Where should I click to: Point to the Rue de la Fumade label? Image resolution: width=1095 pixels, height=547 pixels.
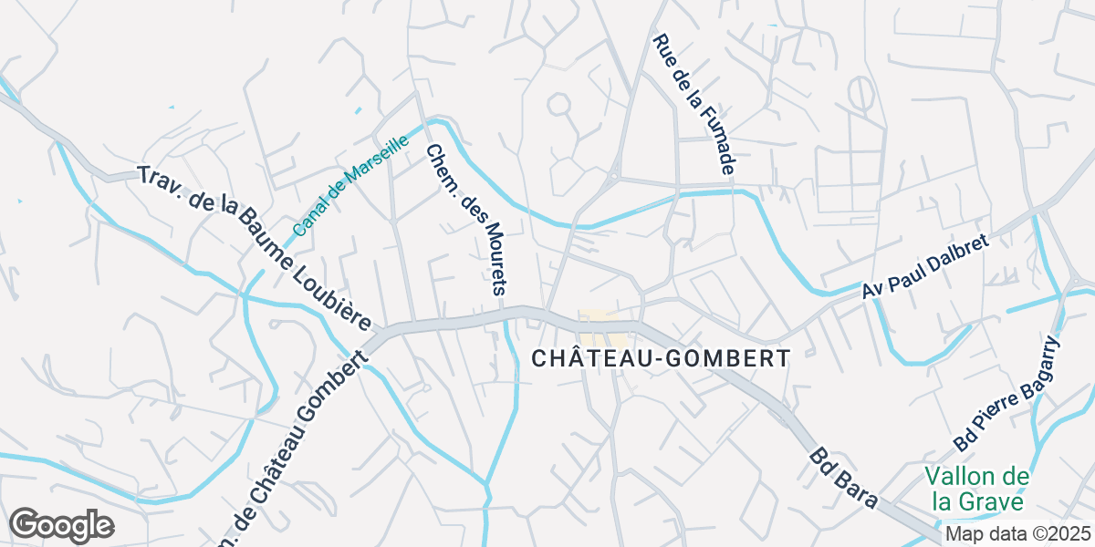tap(694, 105)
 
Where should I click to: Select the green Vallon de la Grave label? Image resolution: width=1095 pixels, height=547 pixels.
tap(977, 489)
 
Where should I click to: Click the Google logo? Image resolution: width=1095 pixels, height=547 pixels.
tap(61, 525)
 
